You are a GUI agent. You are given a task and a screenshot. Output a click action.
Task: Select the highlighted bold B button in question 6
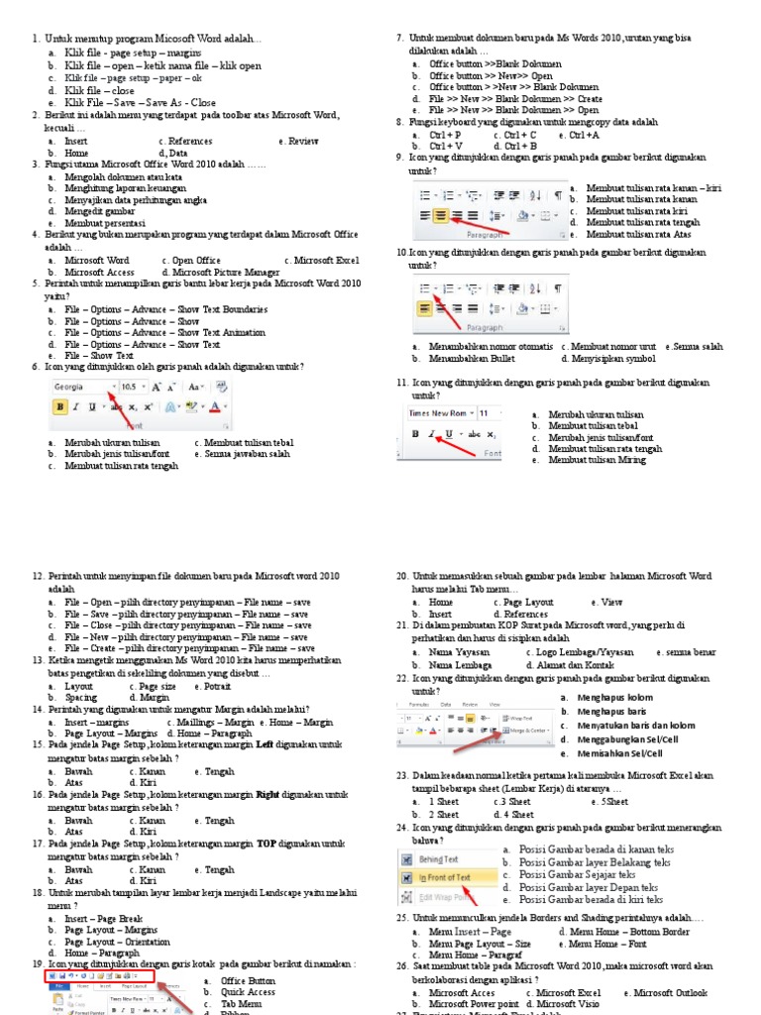click(x=60, y=406)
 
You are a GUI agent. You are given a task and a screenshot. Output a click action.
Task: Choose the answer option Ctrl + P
click(x=445, y=134)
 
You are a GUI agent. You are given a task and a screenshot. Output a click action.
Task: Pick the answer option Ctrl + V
click(x=446, y=146)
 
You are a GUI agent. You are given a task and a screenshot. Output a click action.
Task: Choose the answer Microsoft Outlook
click(x=671, y=992)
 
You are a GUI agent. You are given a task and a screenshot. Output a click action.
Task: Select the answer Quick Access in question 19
click(x=248, y=990)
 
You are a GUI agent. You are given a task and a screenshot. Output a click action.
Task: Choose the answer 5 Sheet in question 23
click(x=612, y=801)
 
